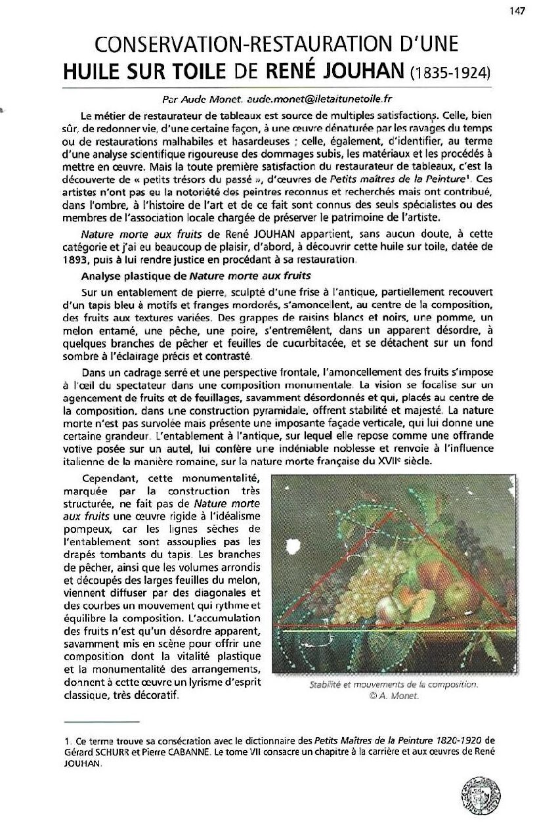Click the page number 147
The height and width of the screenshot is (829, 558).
pyautogui.click(x=535, y=11)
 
